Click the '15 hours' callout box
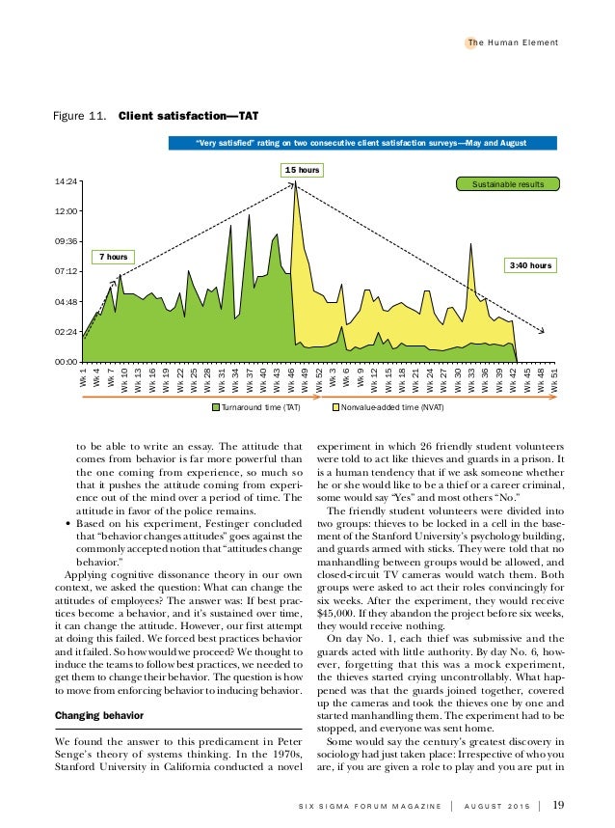[x=301, y=170]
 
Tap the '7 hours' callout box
[x=114, y=256]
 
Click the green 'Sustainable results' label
[x=508, y=183]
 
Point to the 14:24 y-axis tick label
[x=67, y=180]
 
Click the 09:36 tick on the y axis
[x=67, y=241]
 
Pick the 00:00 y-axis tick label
[x=67, y=362]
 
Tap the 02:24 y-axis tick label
[x=67, y=332]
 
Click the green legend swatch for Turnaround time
[x=215, y=408]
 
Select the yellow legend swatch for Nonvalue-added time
[x=335, y=408]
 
